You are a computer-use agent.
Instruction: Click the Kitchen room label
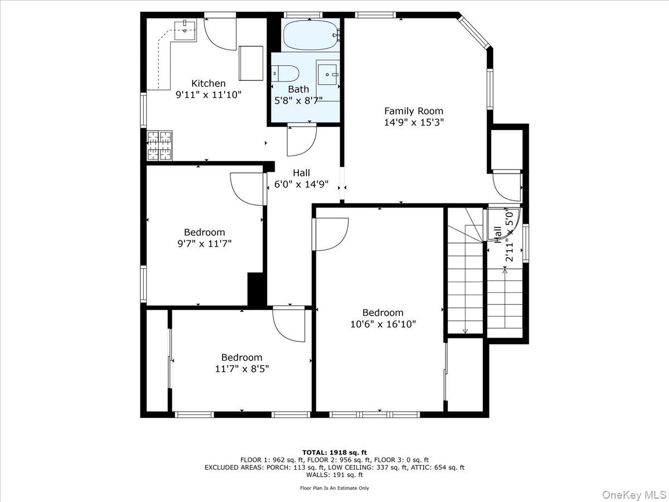tap(209, 83)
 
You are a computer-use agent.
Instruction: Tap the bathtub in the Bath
tap(311, 35)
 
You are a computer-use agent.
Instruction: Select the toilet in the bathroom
tap(286, 74)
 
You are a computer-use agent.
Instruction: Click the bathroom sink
tap(328, 73)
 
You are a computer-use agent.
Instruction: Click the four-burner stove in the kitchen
tap(159, 145)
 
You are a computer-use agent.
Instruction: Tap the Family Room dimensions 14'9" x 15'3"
tap(414, 123)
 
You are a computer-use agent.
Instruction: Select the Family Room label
tap(414, 111)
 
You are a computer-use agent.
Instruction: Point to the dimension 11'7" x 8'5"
tap(241, 369)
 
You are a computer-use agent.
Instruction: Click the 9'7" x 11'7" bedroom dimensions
tap(204, 244)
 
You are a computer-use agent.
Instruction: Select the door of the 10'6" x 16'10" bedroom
tap(331, 234)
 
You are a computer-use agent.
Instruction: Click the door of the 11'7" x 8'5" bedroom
tap(289, 324)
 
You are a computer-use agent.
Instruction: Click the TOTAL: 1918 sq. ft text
tap(334, 452)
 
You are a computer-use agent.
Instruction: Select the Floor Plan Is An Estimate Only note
tap(334, 488)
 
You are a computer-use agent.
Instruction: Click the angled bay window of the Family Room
tap(474, 32)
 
